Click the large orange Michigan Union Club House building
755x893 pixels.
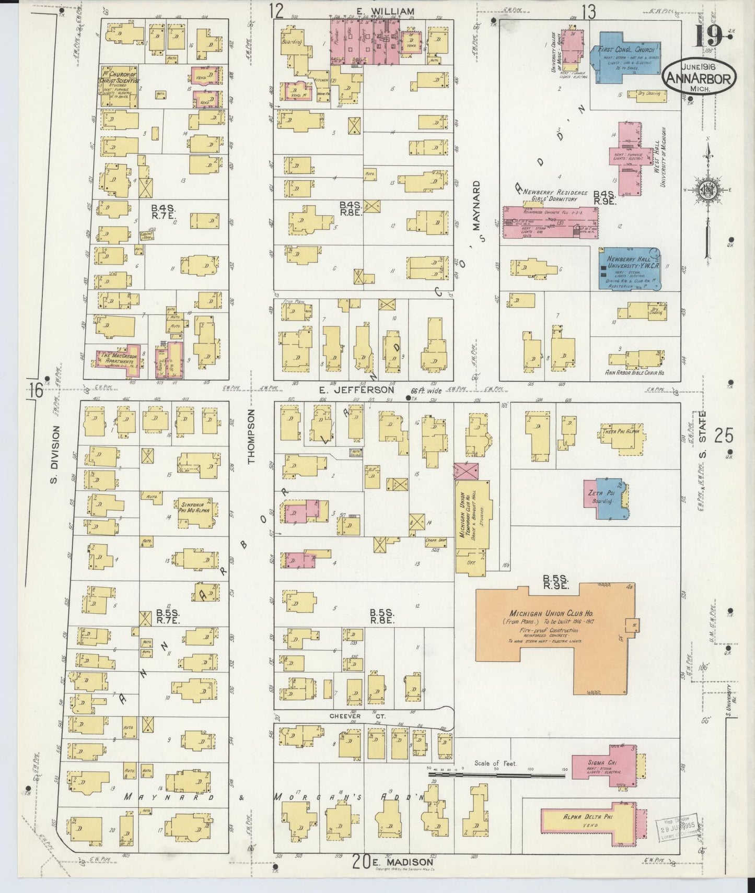click(x=554, y=627)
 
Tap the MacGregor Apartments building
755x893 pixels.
click(x=119, y=359)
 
